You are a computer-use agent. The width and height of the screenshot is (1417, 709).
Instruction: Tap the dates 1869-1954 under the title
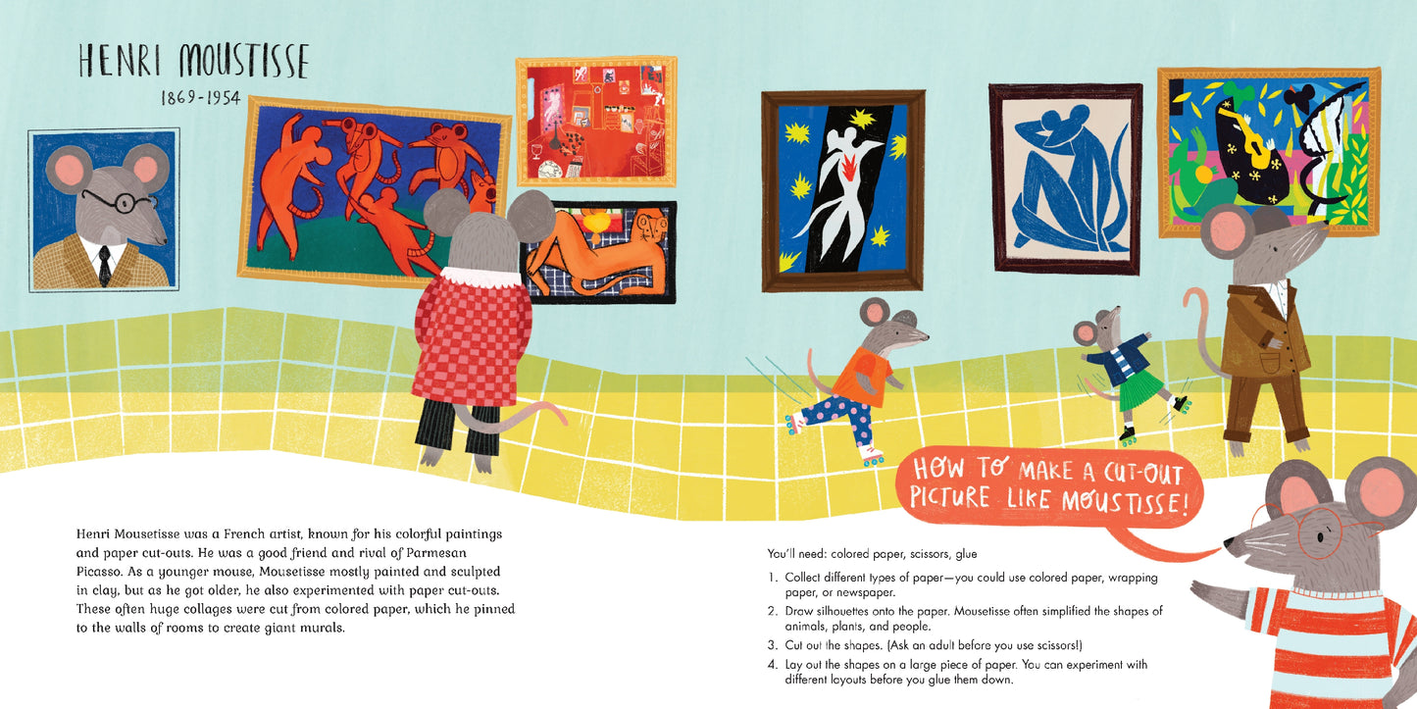pyautogui.click(x=200, y=98)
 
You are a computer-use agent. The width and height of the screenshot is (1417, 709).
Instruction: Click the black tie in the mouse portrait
pyautogui.click(x=104, y=265)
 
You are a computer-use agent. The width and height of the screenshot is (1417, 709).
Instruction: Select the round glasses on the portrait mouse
pyautogui.click(x=121, y=200)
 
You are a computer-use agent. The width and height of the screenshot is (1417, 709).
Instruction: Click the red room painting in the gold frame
pyautogui.click(x=596, y=121)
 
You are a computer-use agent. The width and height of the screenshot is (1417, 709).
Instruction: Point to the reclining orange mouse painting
pyautogui.click(x=599, y=252)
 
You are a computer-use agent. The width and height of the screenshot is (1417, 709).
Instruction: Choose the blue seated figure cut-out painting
pyautogui.click(x=1067, y=179)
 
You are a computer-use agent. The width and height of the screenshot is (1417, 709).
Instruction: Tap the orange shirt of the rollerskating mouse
pyautogui.click(x=863, y=377)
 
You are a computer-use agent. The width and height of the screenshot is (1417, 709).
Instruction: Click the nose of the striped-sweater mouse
pyautogui.click(x=1228, y=544)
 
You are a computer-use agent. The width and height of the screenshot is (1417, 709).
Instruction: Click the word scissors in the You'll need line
pyautogui.click(x=930, y=554)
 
